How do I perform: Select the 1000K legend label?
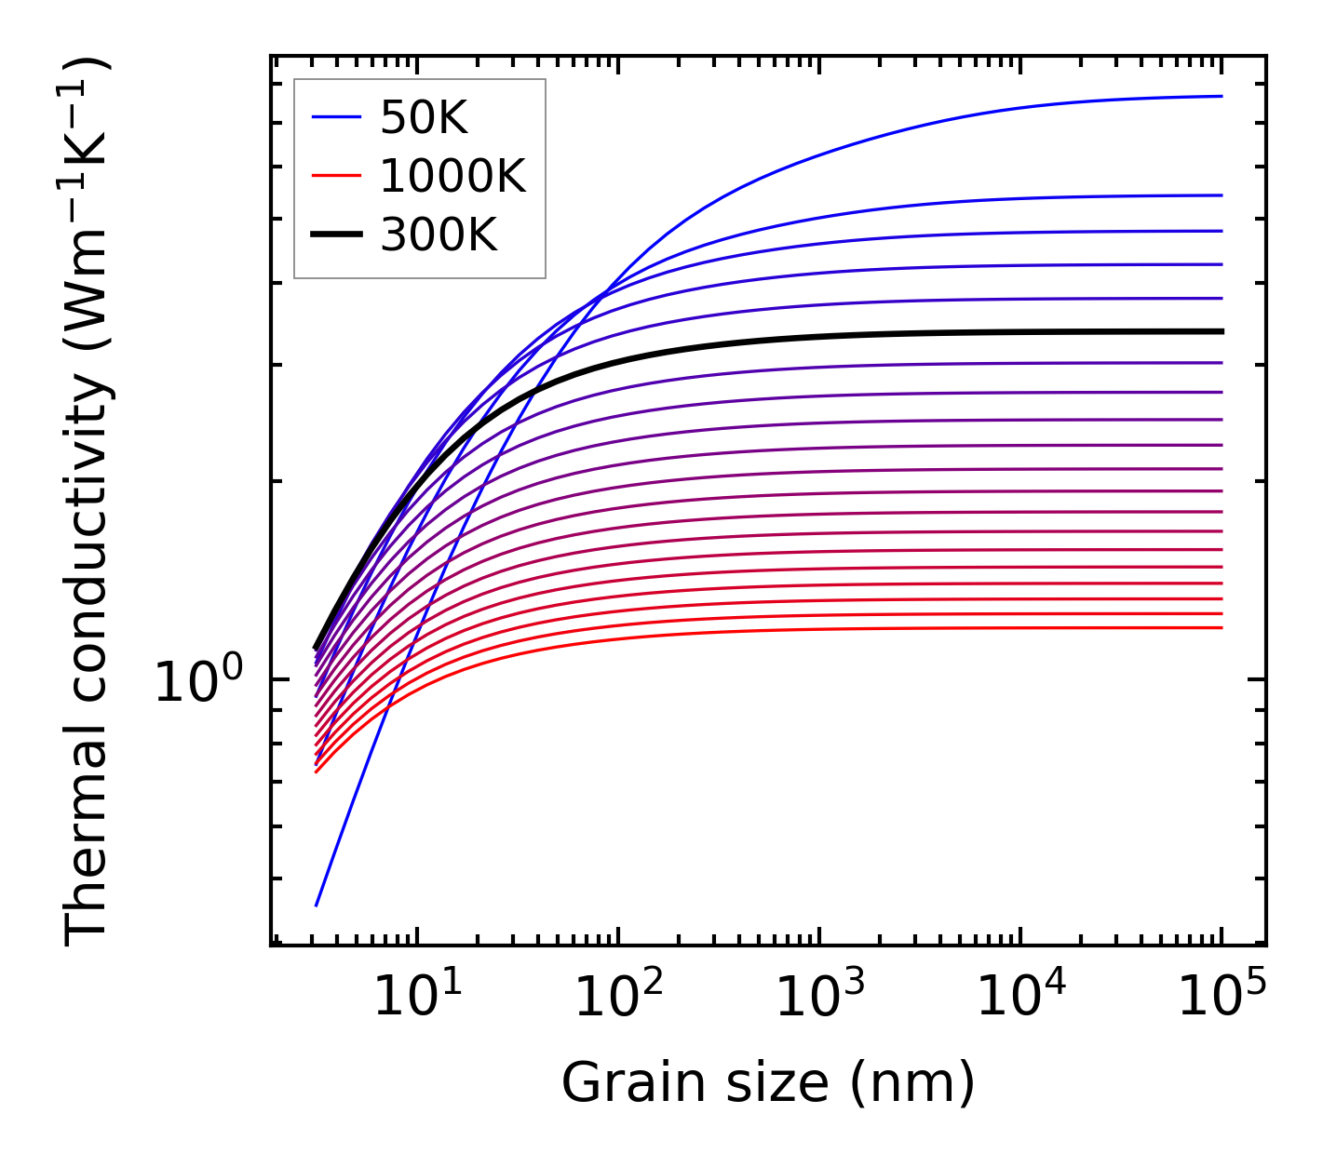click(x=452, y=176)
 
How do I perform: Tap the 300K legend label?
click(x=439, y=235)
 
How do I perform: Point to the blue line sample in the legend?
click(x=335, y=117)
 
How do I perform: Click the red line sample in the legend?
click(x=335, y=176)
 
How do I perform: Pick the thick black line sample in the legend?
click(x=335, y=235)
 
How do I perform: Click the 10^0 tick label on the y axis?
click(x=198, y=683)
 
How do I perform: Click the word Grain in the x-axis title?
click(x=613, y=1084)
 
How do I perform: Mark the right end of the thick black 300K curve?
click(x=1222, y=331)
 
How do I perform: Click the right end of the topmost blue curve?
click(x=1222, y=96)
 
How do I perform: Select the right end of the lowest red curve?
click(x=1222, y=628)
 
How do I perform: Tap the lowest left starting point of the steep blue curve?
click(x=317, y=905)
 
